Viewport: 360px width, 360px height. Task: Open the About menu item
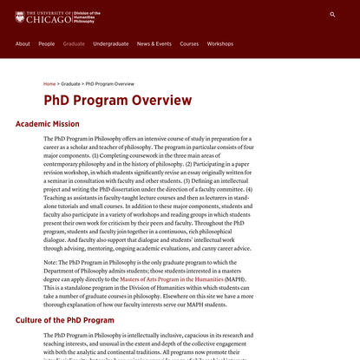point(23,43)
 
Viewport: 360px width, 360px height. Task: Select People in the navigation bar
point(47,43)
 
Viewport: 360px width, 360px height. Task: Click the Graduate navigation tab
point(74,43)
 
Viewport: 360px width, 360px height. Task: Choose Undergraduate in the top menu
point(111,43)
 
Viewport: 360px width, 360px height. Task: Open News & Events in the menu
point(154,43)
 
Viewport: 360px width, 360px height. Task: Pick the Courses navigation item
point(189,43)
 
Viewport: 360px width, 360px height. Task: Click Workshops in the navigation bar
point(220,43)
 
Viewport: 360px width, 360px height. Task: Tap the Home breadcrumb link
point(49,84)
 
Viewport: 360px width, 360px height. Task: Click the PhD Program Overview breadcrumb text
point(109,84)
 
